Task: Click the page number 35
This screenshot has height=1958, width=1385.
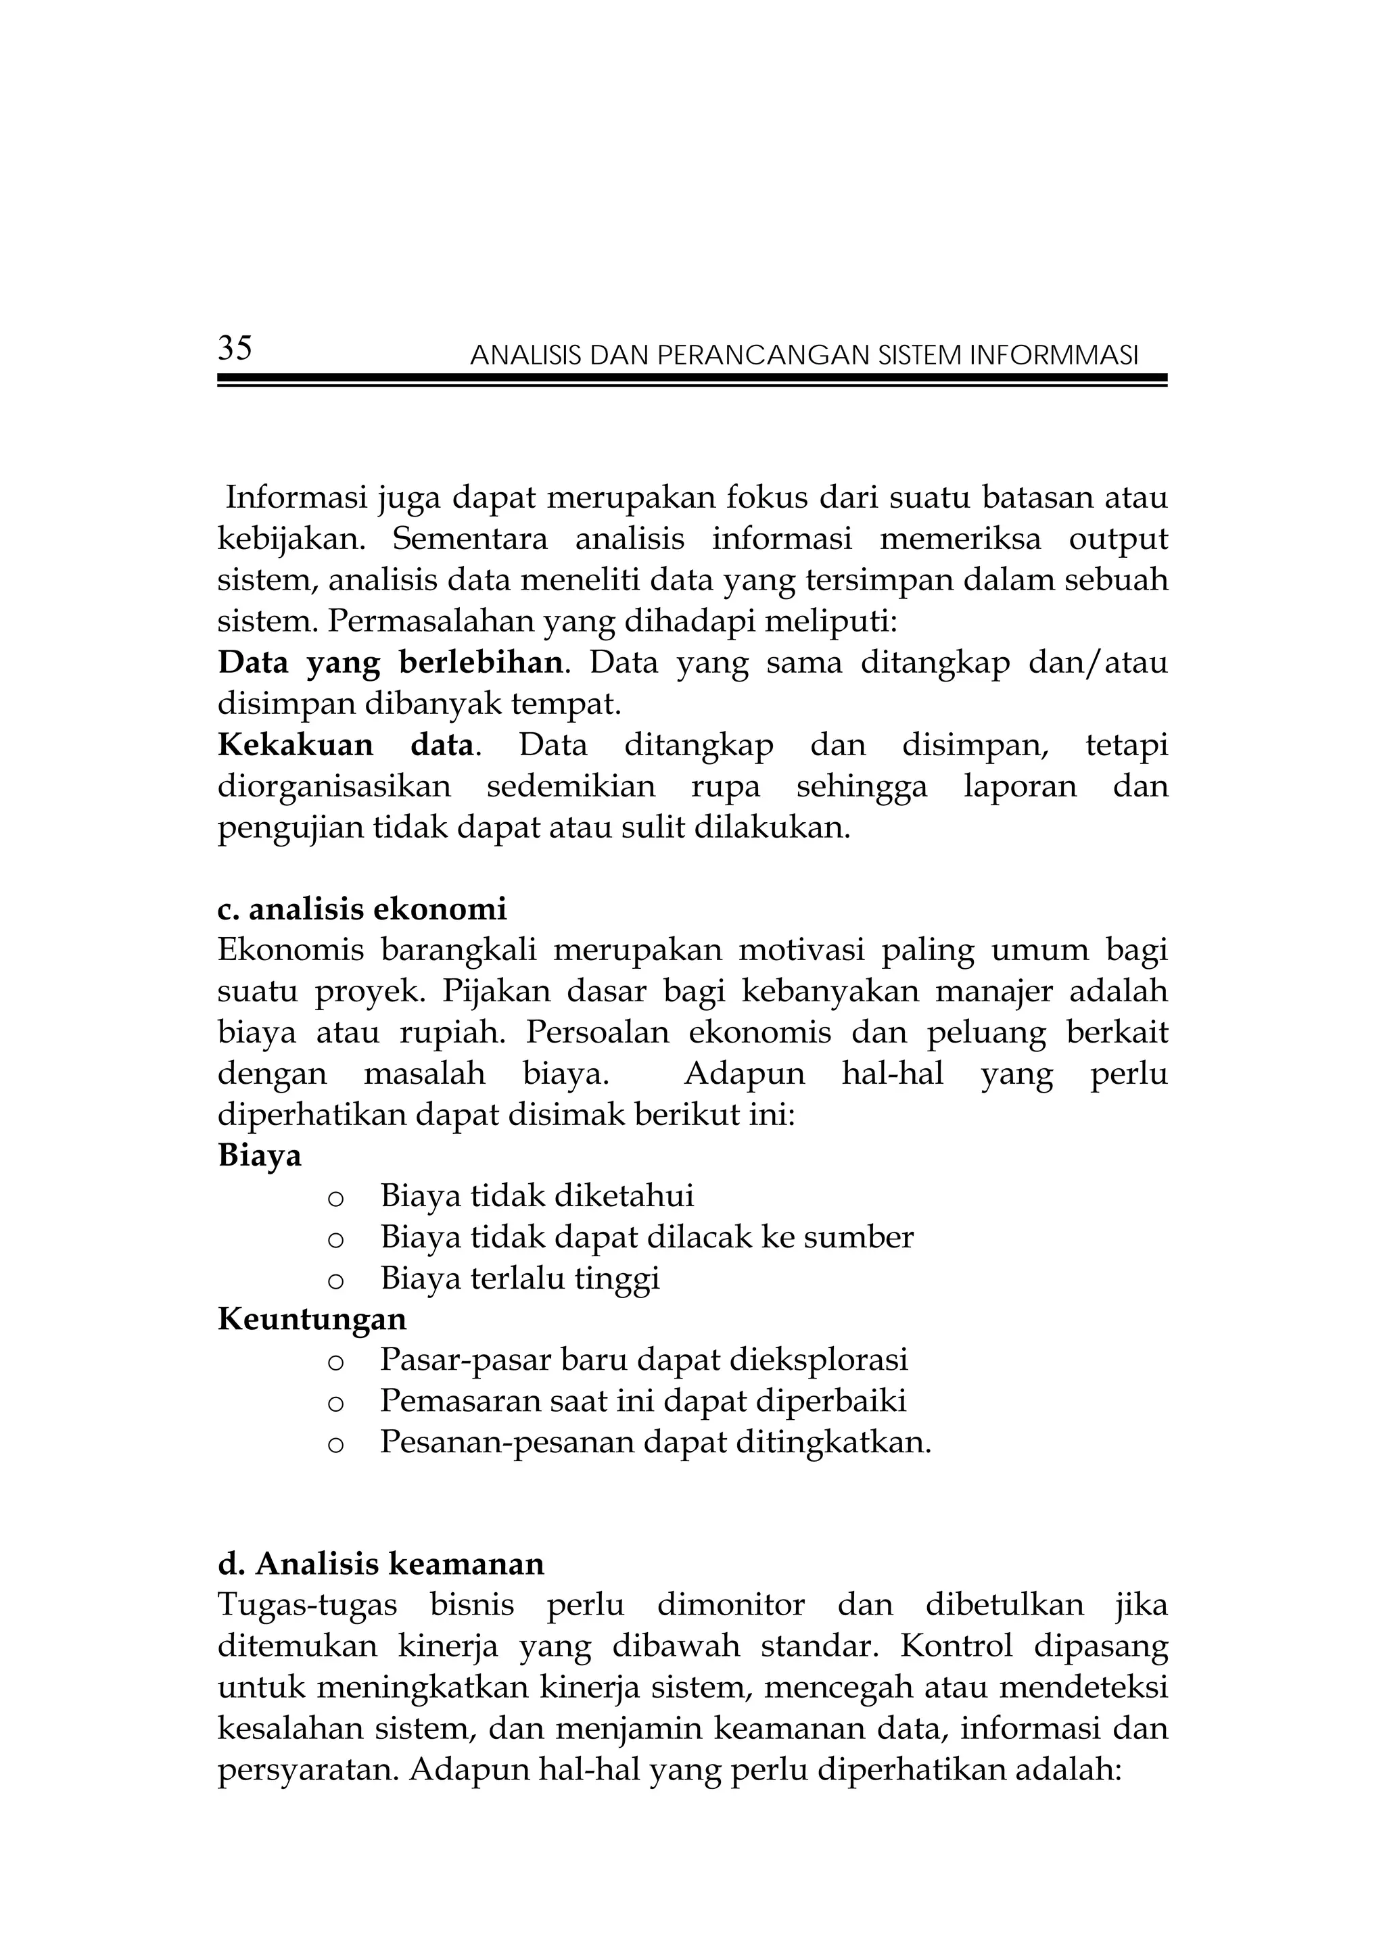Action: coord(235,349)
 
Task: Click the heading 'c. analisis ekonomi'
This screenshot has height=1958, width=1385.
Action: coord(362,910)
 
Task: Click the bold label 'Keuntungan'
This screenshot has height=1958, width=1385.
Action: coord(312,1319)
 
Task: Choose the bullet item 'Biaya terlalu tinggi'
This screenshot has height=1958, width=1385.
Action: coord(519,1279)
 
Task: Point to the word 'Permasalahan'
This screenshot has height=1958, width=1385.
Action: coord(431,622)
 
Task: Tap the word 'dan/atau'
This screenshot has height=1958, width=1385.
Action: coord(1098,663)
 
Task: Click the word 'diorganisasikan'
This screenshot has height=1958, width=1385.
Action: coord(334,786)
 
